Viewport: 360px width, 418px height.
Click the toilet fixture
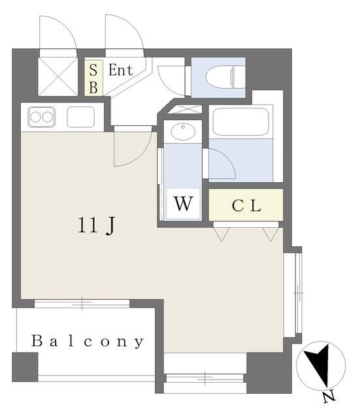[x=225, y=77]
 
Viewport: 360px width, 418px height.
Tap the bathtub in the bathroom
[x=240, y=121]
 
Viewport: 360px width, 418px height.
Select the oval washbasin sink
[x=183, y=131]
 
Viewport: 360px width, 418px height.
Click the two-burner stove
[x=42, y=117]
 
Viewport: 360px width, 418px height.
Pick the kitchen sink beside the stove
[x=80, y=117]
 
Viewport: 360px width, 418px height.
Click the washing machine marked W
[x=183, y=204]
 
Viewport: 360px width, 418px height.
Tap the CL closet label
[x=246, y=206]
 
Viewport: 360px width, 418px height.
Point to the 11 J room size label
[x=97, y=225]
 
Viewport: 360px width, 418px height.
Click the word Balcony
[x=88, y=341]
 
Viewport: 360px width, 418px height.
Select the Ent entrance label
[x=120, y=71]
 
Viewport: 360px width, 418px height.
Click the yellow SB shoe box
[x=93, y=78]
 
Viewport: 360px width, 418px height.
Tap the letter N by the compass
[x=329, y=397]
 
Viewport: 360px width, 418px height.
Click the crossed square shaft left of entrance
[x=58, y=76]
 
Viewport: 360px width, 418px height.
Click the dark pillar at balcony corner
[x=25, y=367]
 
